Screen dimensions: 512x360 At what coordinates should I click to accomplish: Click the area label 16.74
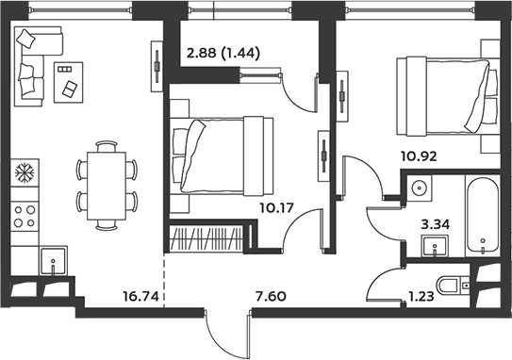click(140, 296)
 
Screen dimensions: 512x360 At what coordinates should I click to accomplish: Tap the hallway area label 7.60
click(271, 296)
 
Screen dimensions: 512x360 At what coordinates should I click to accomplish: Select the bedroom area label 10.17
click(277, 207)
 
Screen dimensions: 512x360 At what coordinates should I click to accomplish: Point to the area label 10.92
click(419, 156)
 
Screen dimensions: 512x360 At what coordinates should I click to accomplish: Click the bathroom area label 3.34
click(435, 224)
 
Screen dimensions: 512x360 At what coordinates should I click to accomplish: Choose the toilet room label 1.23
click(421, 296)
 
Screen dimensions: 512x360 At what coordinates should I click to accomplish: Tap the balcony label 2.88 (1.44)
click(223, 53)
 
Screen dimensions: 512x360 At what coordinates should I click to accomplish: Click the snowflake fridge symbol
click(25, 172)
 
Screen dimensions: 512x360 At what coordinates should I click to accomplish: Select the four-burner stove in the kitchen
click(25, 216)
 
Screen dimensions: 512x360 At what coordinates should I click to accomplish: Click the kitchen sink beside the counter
click(53, 260)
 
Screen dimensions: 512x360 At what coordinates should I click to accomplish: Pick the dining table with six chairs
click(107, 186)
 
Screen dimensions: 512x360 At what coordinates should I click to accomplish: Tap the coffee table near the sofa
click(68, 82)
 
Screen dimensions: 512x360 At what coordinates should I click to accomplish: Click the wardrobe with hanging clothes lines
click(206, 237)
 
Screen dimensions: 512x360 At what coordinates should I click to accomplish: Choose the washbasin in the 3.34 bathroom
click(435, 245)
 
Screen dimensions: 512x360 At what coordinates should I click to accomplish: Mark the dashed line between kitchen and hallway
click(163, 280)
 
